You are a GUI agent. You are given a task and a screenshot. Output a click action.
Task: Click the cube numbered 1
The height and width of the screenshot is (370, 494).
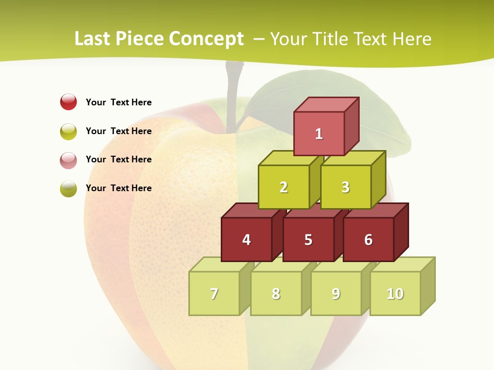click(319, 134)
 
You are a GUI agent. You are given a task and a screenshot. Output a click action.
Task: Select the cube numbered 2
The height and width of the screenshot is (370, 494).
click(284, 187)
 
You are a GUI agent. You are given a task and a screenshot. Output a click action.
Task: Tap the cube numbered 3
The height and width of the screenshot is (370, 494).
click(345, 187)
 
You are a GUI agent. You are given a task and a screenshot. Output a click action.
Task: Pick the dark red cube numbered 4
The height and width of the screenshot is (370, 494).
click(246, 239)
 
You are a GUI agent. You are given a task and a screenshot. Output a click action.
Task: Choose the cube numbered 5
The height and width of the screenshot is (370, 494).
click(308, 239)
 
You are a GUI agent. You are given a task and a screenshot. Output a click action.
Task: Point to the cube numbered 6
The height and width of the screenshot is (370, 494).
click(368, 239)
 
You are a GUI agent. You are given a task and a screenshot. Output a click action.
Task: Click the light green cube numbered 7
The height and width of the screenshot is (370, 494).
click(214, 293)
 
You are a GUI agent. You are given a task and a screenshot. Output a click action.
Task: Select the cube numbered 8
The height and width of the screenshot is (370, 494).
click(276, 293)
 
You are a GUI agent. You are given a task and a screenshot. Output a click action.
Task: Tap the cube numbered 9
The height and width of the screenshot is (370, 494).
click(336, 293)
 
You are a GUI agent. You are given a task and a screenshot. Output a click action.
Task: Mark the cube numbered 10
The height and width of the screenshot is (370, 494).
click(395, 293)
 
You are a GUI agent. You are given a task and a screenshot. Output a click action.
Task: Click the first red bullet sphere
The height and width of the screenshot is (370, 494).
click(68, 102)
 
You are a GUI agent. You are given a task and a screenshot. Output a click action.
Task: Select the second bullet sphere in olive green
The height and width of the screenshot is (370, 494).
click(68, 131)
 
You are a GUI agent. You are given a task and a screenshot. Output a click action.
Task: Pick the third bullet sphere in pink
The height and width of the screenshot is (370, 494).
click(68, 160)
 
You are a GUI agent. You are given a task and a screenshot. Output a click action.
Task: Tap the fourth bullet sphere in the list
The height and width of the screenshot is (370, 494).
click(68, 188)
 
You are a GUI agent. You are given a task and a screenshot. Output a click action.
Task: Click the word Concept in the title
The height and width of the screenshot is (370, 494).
click(206, 39)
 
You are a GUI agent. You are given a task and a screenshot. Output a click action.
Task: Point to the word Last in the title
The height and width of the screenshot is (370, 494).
click(93, 39)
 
